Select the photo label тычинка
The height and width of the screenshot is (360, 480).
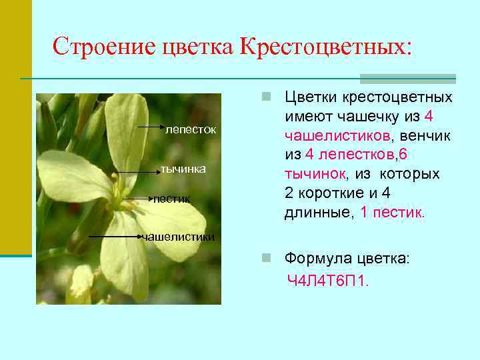point(183,169)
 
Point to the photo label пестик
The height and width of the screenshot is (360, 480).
point(172,199)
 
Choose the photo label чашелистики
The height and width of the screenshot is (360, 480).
point(179,237)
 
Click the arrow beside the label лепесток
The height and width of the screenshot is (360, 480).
point(151,125)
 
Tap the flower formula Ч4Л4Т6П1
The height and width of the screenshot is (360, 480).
point(327,281)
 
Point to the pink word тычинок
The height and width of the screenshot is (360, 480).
point(315,175)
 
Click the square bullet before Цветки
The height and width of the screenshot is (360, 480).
point(266,97)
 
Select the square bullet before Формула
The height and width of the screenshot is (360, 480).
point(266,258)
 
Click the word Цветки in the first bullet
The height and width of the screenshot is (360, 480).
point(311,97)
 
